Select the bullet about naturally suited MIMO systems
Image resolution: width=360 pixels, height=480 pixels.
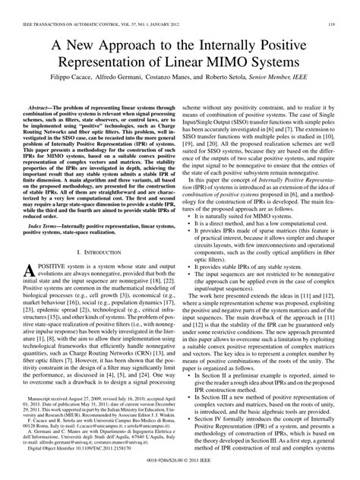tap(239, 216)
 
